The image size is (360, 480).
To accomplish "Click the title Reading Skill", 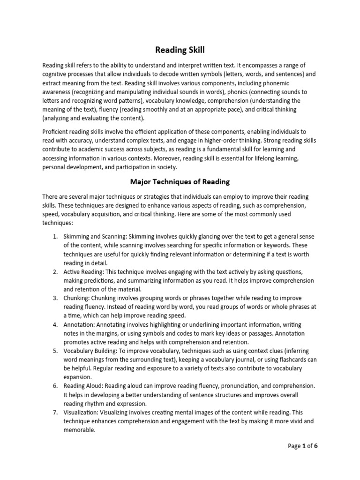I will (x=180, y=50).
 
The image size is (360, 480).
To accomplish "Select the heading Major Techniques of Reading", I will (x=180, y=181).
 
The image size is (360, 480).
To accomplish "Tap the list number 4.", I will (x=54, y=324).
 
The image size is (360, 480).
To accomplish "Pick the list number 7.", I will (x=54, y=412).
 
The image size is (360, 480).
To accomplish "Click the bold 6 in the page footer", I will (x=316, y=446).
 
